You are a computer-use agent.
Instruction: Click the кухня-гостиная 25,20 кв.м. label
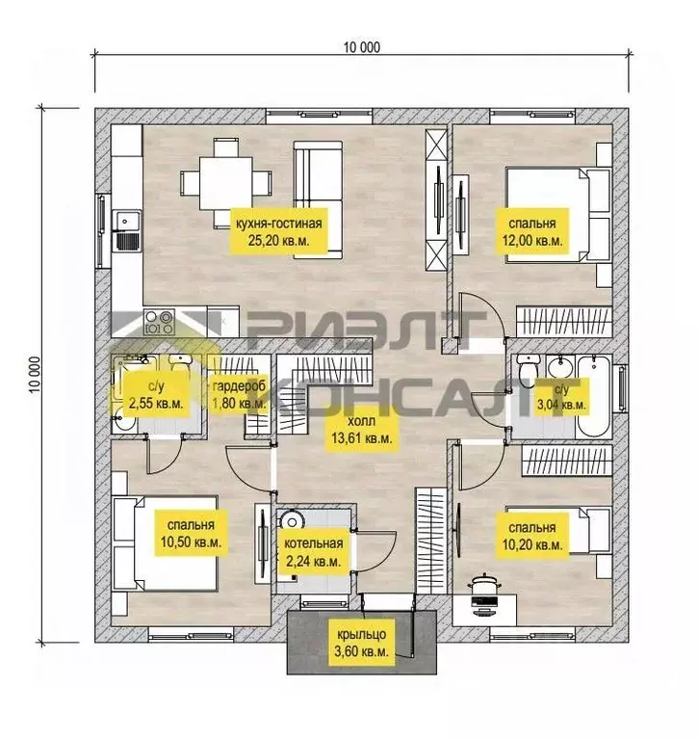click(279, 231)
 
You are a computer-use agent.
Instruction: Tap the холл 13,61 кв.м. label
click(362, 430)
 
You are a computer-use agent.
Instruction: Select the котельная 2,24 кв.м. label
click(313, 552)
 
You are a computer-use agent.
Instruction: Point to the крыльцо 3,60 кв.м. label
click(361, 644)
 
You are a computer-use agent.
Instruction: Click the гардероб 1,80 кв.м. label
click(239, 394)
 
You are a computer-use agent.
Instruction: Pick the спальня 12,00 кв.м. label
click(532, 231)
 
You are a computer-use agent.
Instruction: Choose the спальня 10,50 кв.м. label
click(191, 533)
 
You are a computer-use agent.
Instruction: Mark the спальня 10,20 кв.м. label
click(532, 536)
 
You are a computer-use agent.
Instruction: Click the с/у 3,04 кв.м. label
click(561, 397)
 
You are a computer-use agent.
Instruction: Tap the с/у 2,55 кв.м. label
click(156, 394)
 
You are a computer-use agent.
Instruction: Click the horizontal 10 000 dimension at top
click(362, 47)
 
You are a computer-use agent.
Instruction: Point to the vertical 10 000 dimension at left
click(35, 375)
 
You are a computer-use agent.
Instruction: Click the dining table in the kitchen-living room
click(225, 183)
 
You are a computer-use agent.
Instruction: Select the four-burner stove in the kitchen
click(160, 322)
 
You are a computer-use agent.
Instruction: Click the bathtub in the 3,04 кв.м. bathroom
click(594, 396)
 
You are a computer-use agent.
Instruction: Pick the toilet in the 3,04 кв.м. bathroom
click(528, 373)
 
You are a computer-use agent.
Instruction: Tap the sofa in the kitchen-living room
click(318, 199)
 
